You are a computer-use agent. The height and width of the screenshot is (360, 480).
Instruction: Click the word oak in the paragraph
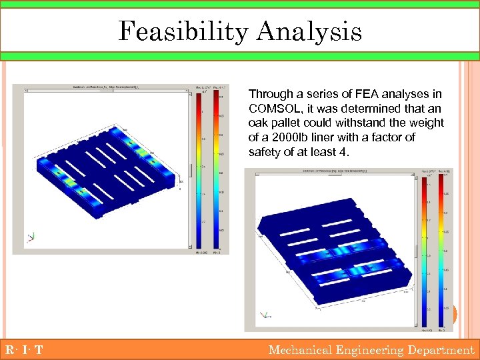point(258,123)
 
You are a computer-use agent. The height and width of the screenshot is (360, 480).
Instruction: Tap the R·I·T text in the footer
point(23,350)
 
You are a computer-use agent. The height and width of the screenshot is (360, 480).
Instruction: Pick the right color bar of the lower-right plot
point(441,250)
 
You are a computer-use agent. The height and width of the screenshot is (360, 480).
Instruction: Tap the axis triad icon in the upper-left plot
point(31,236)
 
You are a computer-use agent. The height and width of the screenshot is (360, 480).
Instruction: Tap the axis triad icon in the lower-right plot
point(267,314)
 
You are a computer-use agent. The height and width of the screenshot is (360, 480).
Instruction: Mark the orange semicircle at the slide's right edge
point(455,315)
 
